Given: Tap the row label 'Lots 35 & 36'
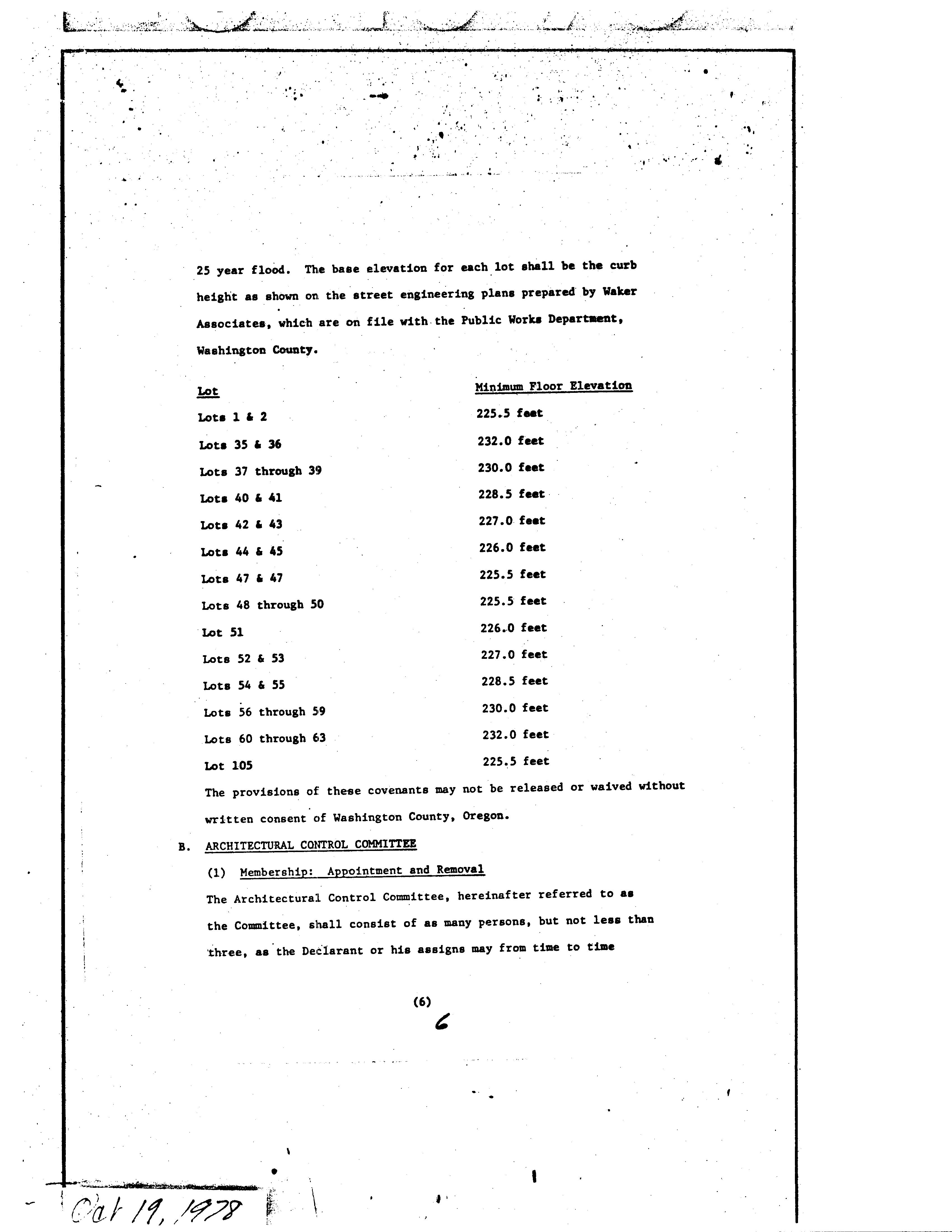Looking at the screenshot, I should tap(240, 445).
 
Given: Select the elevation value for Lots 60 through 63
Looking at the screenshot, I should tap(515, 734).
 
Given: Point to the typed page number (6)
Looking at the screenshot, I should tap(422, 1002).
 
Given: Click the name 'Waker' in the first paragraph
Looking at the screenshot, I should tap(619, 292).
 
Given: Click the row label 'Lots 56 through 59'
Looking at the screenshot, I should tap(265, 712).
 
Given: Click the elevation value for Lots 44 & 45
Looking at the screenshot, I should tap(512, 548).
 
